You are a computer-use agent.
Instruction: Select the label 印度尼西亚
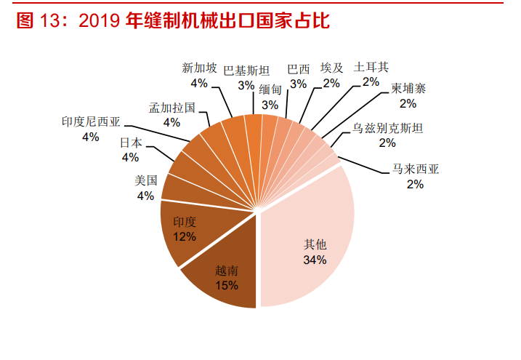pos(91,121)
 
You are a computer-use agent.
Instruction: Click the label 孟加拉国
pos(171,108)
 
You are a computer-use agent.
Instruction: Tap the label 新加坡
pos(199,68)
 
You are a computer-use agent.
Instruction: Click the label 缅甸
pos(270,89)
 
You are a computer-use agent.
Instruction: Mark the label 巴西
pos(298,69)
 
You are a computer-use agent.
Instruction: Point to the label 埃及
pos(332,68)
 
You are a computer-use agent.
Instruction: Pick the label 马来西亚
pos(416,170)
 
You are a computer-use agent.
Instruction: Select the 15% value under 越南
pos(227,285)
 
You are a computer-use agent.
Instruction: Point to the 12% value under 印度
pos(185,236)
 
